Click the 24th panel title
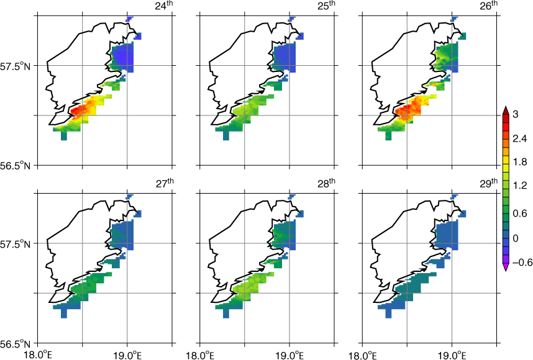pos(164,6)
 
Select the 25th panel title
pos(326,6)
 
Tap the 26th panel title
pos(489,6)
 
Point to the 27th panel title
pos(165,183)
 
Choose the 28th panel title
pos(326,183)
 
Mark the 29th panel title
pos(489,183)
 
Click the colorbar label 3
pos(516,114)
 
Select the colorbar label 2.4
pos(519,138)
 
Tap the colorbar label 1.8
pos(519,161)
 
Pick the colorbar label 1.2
pos(519,185)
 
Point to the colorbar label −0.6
pos(522,262)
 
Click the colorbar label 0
pos(516,238)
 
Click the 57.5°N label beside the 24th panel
pos(15,66)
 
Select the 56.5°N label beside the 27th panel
pos(15,343)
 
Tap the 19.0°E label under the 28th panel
pos(289,355)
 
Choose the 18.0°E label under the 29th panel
pos(362,355)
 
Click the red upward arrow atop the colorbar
pos(505,110)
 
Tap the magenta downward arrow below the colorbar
pos(505,267)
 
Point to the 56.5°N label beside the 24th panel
pos(15,165)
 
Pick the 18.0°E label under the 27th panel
pos(37,355)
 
